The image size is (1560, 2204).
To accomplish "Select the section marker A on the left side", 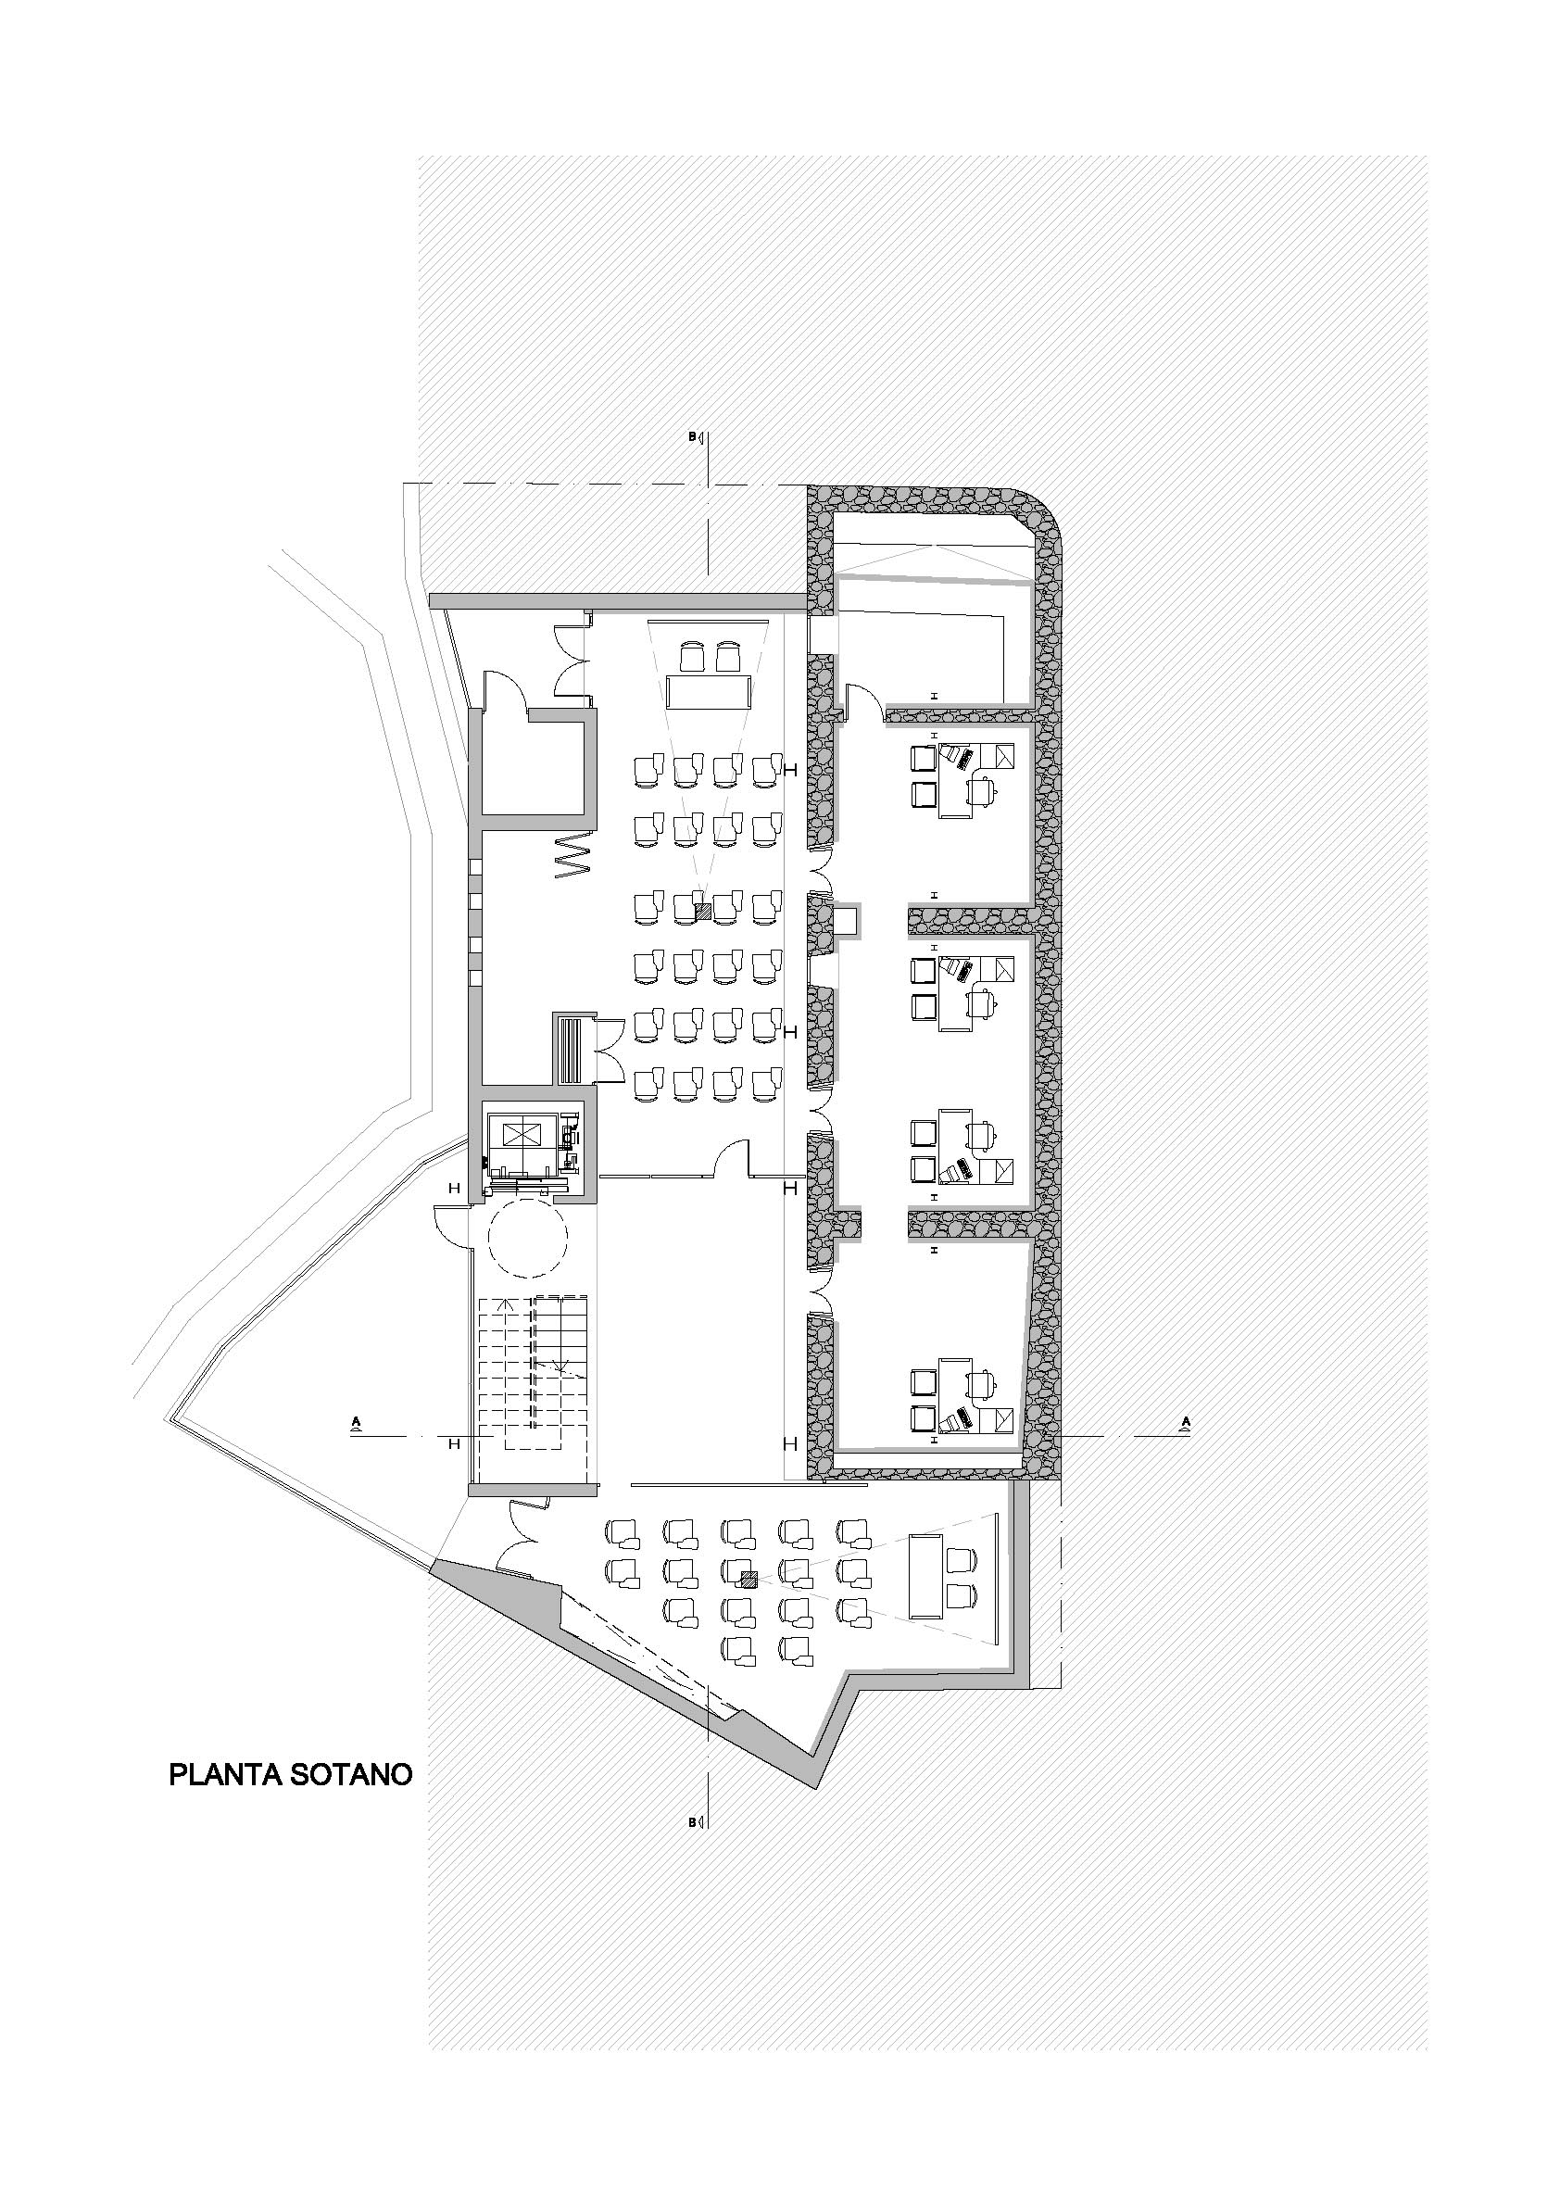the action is coord(357,1423).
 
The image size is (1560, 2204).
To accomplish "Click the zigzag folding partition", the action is coord(572,857).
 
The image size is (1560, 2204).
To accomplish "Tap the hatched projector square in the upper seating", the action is coord(703,913).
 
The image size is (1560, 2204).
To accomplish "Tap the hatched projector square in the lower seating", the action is coord(749,1577).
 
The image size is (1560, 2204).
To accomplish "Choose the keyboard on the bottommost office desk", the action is coord(955,1419).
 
